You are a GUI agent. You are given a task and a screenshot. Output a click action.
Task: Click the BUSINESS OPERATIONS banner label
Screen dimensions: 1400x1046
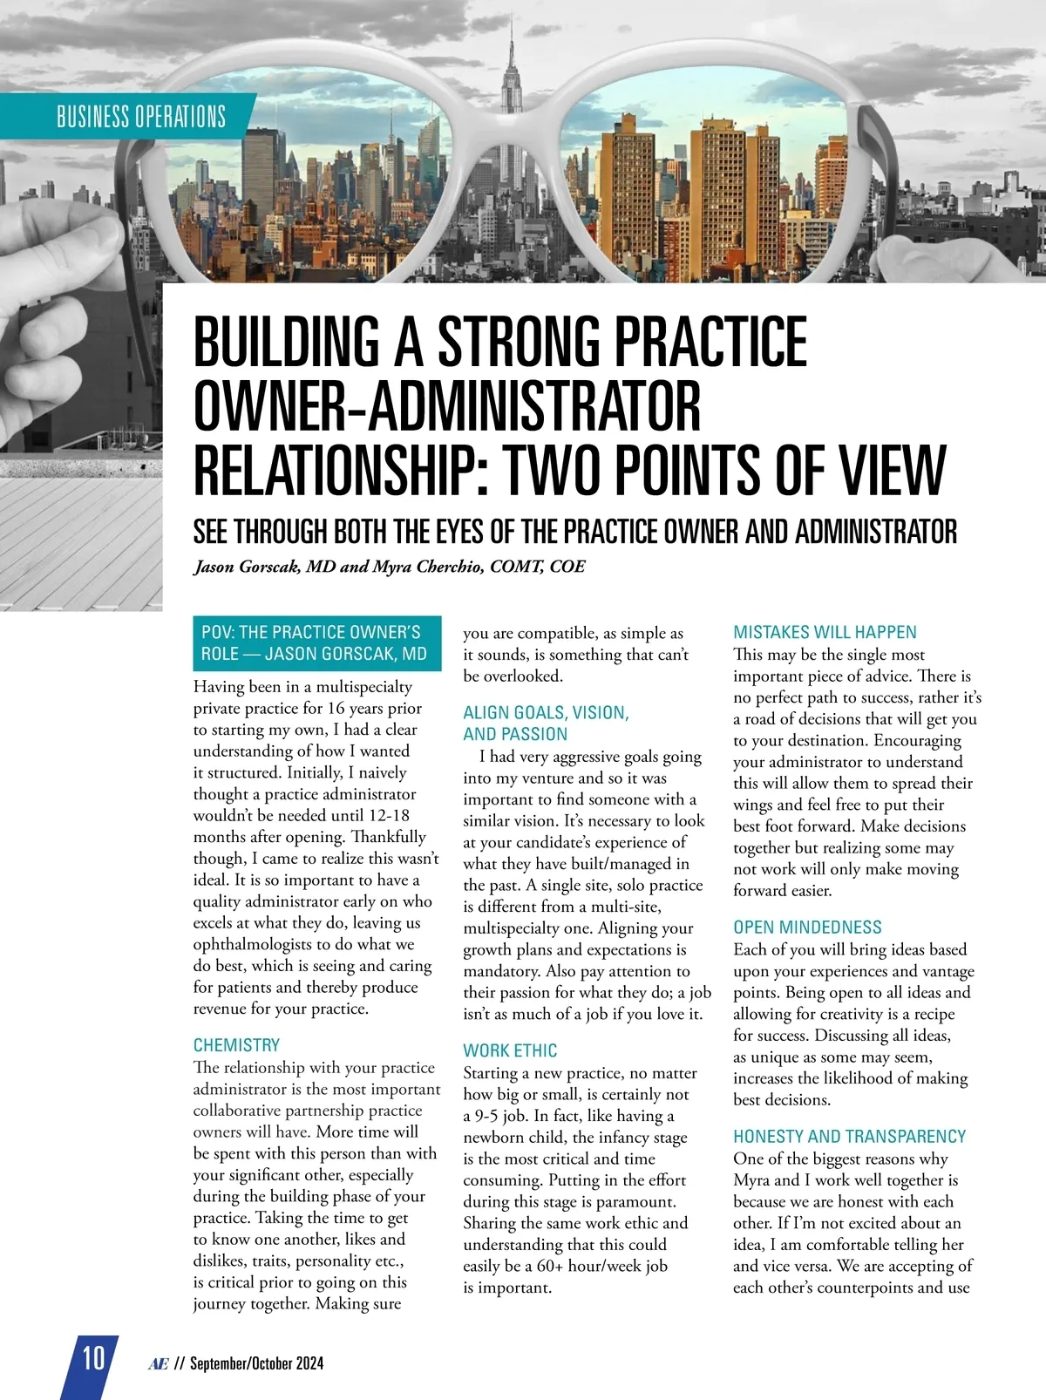(140, 117)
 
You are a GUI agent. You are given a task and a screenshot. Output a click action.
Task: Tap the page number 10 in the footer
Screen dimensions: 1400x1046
(92, 1358)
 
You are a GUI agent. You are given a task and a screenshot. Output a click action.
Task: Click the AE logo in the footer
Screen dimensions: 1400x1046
(158, 1363)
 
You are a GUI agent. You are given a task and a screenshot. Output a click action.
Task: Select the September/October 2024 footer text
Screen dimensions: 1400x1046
(256, 1363)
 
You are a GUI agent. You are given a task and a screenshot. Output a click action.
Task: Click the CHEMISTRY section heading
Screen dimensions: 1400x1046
(236, 1044)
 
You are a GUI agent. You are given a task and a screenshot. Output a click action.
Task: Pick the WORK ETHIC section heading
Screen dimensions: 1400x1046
(510, 1050)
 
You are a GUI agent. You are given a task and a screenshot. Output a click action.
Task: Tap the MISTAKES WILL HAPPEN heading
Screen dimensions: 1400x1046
(825, 632)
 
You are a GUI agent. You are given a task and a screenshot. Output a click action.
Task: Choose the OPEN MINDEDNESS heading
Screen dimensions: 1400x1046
(807, 927)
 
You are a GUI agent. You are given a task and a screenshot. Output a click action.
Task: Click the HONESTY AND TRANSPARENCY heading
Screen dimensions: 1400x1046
(849, 1136)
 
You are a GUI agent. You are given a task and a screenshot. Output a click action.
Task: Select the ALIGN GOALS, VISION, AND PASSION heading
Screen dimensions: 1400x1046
(546, 723)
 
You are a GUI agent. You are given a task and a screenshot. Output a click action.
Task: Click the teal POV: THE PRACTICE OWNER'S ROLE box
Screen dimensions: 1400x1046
(316, 642)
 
